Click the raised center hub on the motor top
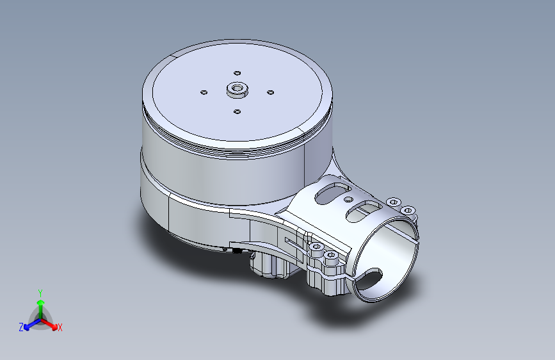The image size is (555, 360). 237,90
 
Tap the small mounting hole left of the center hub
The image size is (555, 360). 204,92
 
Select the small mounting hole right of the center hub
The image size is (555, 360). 270,92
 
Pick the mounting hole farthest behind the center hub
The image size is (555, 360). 237,73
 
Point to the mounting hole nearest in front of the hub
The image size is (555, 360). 237,111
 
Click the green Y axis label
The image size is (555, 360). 40,292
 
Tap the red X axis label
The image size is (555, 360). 60,327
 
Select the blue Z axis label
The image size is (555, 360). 21,327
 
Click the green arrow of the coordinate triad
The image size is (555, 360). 40,304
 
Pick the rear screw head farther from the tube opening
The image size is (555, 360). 393,201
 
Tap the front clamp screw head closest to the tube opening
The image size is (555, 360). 330,256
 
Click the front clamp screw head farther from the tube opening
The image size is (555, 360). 316,247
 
